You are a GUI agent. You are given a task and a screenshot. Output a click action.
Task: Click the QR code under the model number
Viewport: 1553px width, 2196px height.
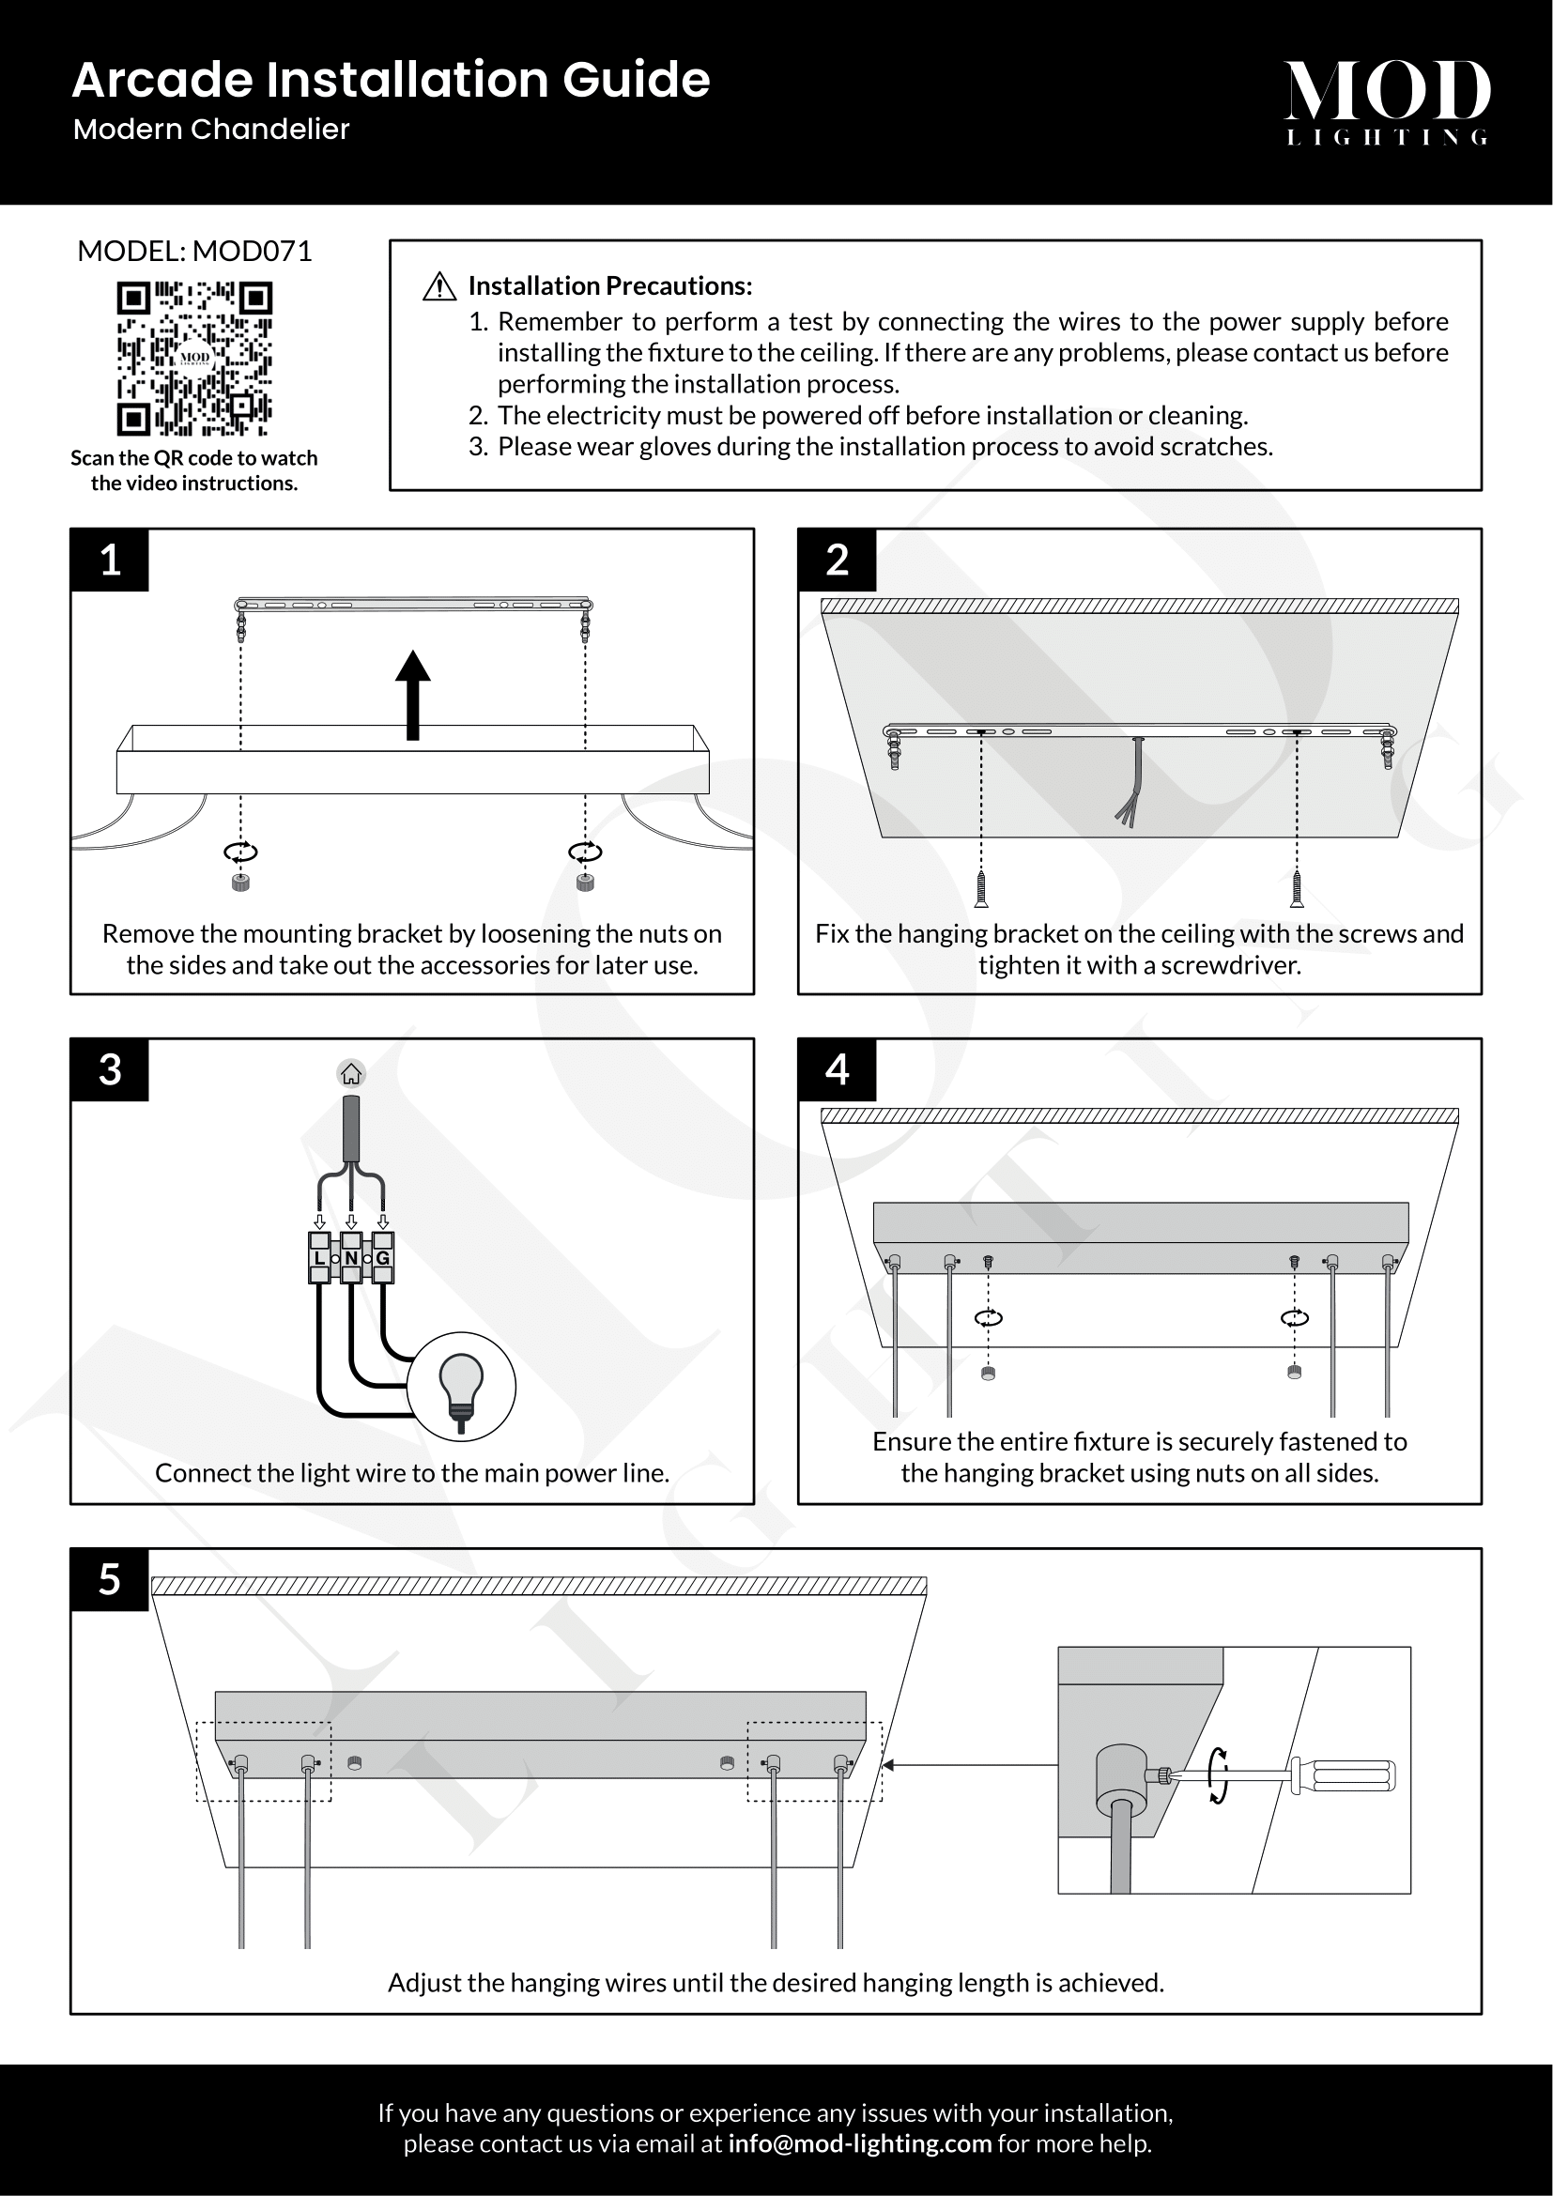(194, 358)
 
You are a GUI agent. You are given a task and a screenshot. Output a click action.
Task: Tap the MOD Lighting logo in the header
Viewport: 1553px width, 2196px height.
(1387, 101)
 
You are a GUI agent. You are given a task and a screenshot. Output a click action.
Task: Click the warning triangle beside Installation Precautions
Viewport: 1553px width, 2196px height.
(438, 286)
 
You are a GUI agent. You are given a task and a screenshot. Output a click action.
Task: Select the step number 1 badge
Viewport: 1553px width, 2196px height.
(110, 560)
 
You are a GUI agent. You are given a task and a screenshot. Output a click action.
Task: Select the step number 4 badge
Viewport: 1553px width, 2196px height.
(837, 1069)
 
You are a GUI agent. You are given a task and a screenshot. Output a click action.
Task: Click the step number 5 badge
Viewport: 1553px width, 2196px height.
(110, 1579)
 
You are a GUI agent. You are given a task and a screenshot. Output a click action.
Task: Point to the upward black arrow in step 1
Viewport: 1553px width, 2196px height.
(413, 695)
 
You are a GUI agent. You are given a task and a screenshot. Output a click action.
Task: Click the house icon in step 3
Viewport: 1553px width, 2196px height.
(351, 1074)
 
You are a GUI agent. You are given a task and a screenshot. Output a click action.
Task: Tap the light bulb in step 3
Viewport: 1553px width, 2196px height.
(461, 1386)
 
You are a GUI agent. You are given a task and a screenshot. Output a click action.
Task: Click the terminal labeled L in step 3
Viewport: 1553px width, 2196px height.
(319, 1258)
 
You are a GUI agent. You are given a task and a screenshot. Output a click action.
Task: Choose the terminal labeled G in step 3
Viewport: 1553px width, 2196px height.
(382, 1258)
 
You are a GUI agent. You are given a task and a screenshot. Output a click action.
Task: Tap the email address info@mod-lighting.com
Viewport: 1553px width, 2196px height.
(859, 2143)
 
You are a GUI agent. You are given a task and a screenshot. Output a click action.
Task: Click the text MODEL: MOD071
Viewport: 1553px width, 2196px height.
(194, 252)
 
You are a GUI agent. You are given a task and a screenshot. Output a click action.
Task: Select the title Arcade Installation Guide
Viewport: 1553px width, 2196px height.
(391, 80)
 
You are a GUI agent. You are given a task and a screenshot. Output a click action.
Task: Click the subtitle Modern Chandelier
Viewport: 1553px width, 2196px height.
(211, 130)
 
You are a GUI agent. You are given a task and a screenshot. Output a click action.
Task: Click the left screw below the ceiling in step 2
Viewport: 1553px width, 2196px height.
(981, 888)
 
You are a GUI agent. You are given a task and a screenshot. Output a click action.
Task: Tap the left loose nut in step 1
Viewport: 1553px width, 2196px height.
(241, 882)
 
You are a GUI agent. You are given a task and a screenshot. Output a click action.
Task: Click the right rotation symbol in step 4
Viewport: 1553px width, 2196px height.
(1294, 1319)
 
